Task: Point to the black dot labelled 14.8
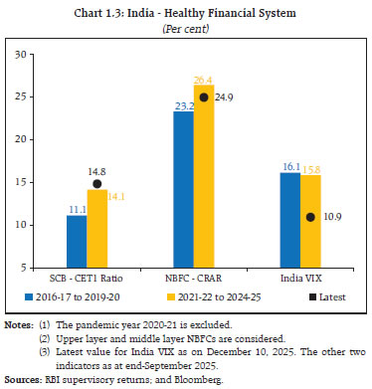pos(97,184)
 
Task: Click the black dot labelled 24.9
pos(205,97)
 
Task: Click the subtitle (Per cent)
pos(186,29)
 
